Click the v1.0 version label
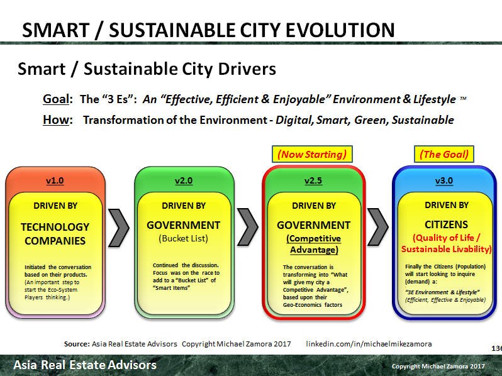[x=55, y=181]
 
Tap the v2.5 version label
[x=313, y=181]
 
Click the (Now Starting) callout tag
[x=313, y=153]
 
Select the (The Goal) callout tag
[x=444, y=153]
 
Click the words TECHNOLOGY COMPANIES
[x=55, y=233]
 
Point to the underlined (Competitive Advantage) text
[x=313, y=245]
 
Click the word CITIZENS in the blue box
[x=447, y=224]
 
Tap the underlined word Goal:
[x=55, y=100]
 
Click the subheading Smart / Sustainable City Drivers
[x=147, y=68]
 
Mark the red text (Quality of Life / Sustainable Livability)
[x=447, y=244]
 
